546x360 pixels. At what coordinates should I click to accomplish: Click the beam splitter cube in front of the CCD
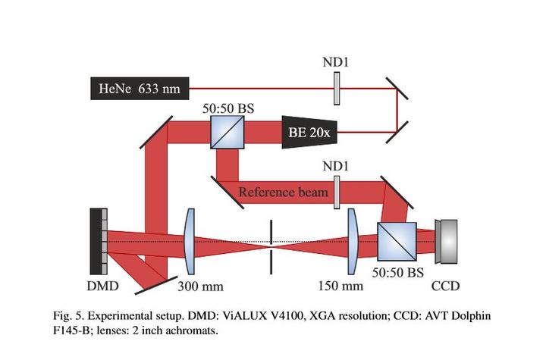point(396,241)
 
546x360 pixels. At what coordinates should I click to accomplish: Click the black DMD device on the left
point(98,242)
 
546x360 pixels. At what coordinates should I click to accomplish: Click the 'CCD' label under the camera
point(445,286)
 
